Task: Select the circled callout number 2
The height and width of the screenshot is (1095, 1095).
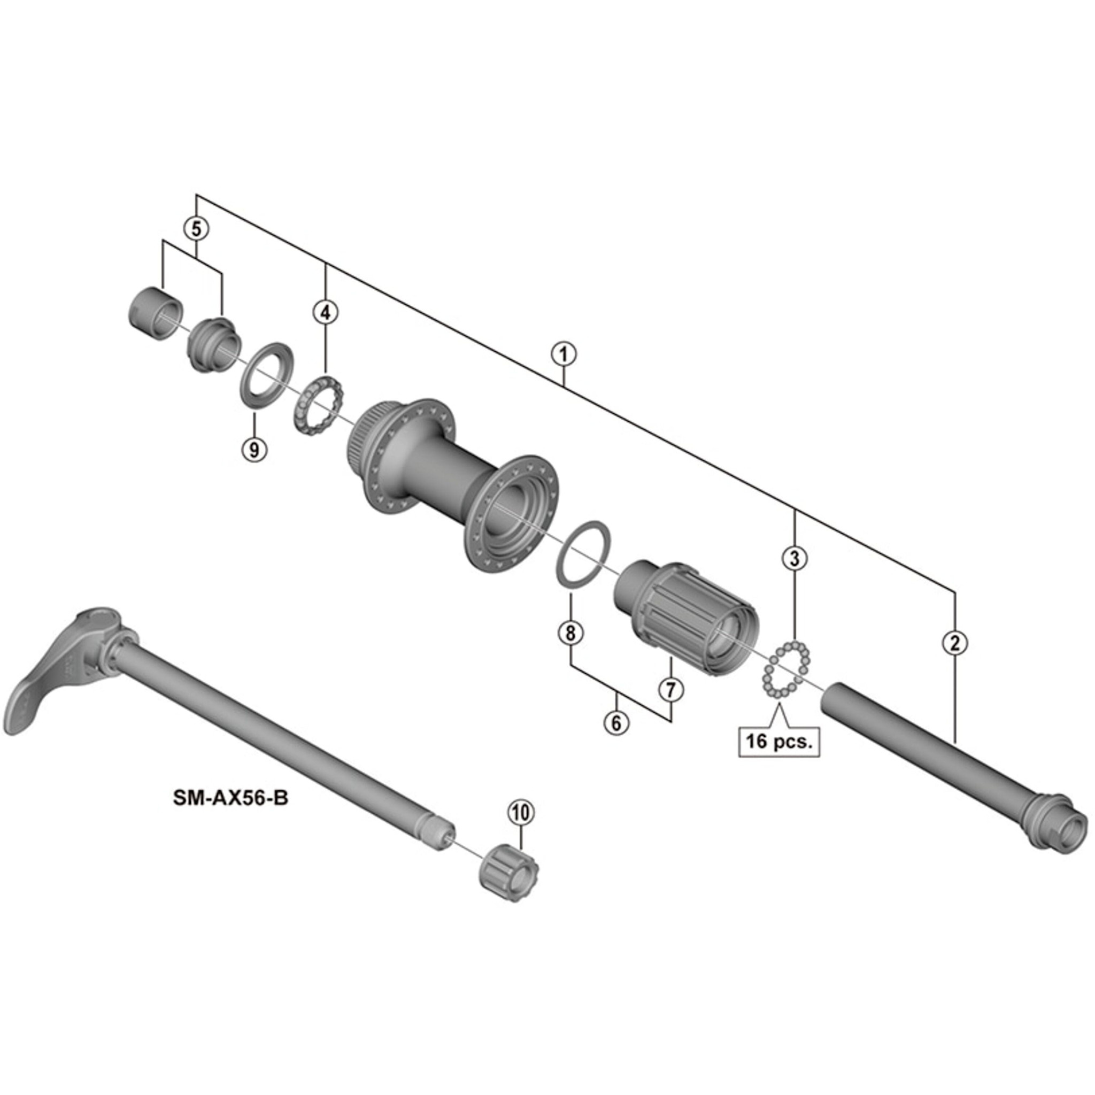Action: coord(955,643)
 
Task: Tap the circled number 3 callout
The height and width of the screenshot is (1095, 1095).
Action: coord(795,558)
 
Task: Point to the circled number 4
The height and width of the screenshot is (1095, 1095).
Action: coord(325,312)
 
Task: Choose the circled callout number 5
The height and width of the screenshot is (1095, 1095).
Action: coord(196,229)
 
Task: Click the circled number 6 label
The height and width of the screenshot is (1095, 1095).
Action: coord(616,723)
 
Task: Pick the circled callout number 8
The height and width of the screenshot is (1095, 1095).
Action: coord(570,633)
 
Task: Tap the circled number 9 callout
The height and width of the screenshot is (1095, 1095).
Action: coord(254,450)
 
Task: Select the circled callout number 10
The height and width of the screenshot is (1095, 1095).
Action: coord(521,812)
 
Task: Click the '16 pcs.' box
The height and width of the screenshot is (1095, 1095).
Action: coord(778,742)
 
